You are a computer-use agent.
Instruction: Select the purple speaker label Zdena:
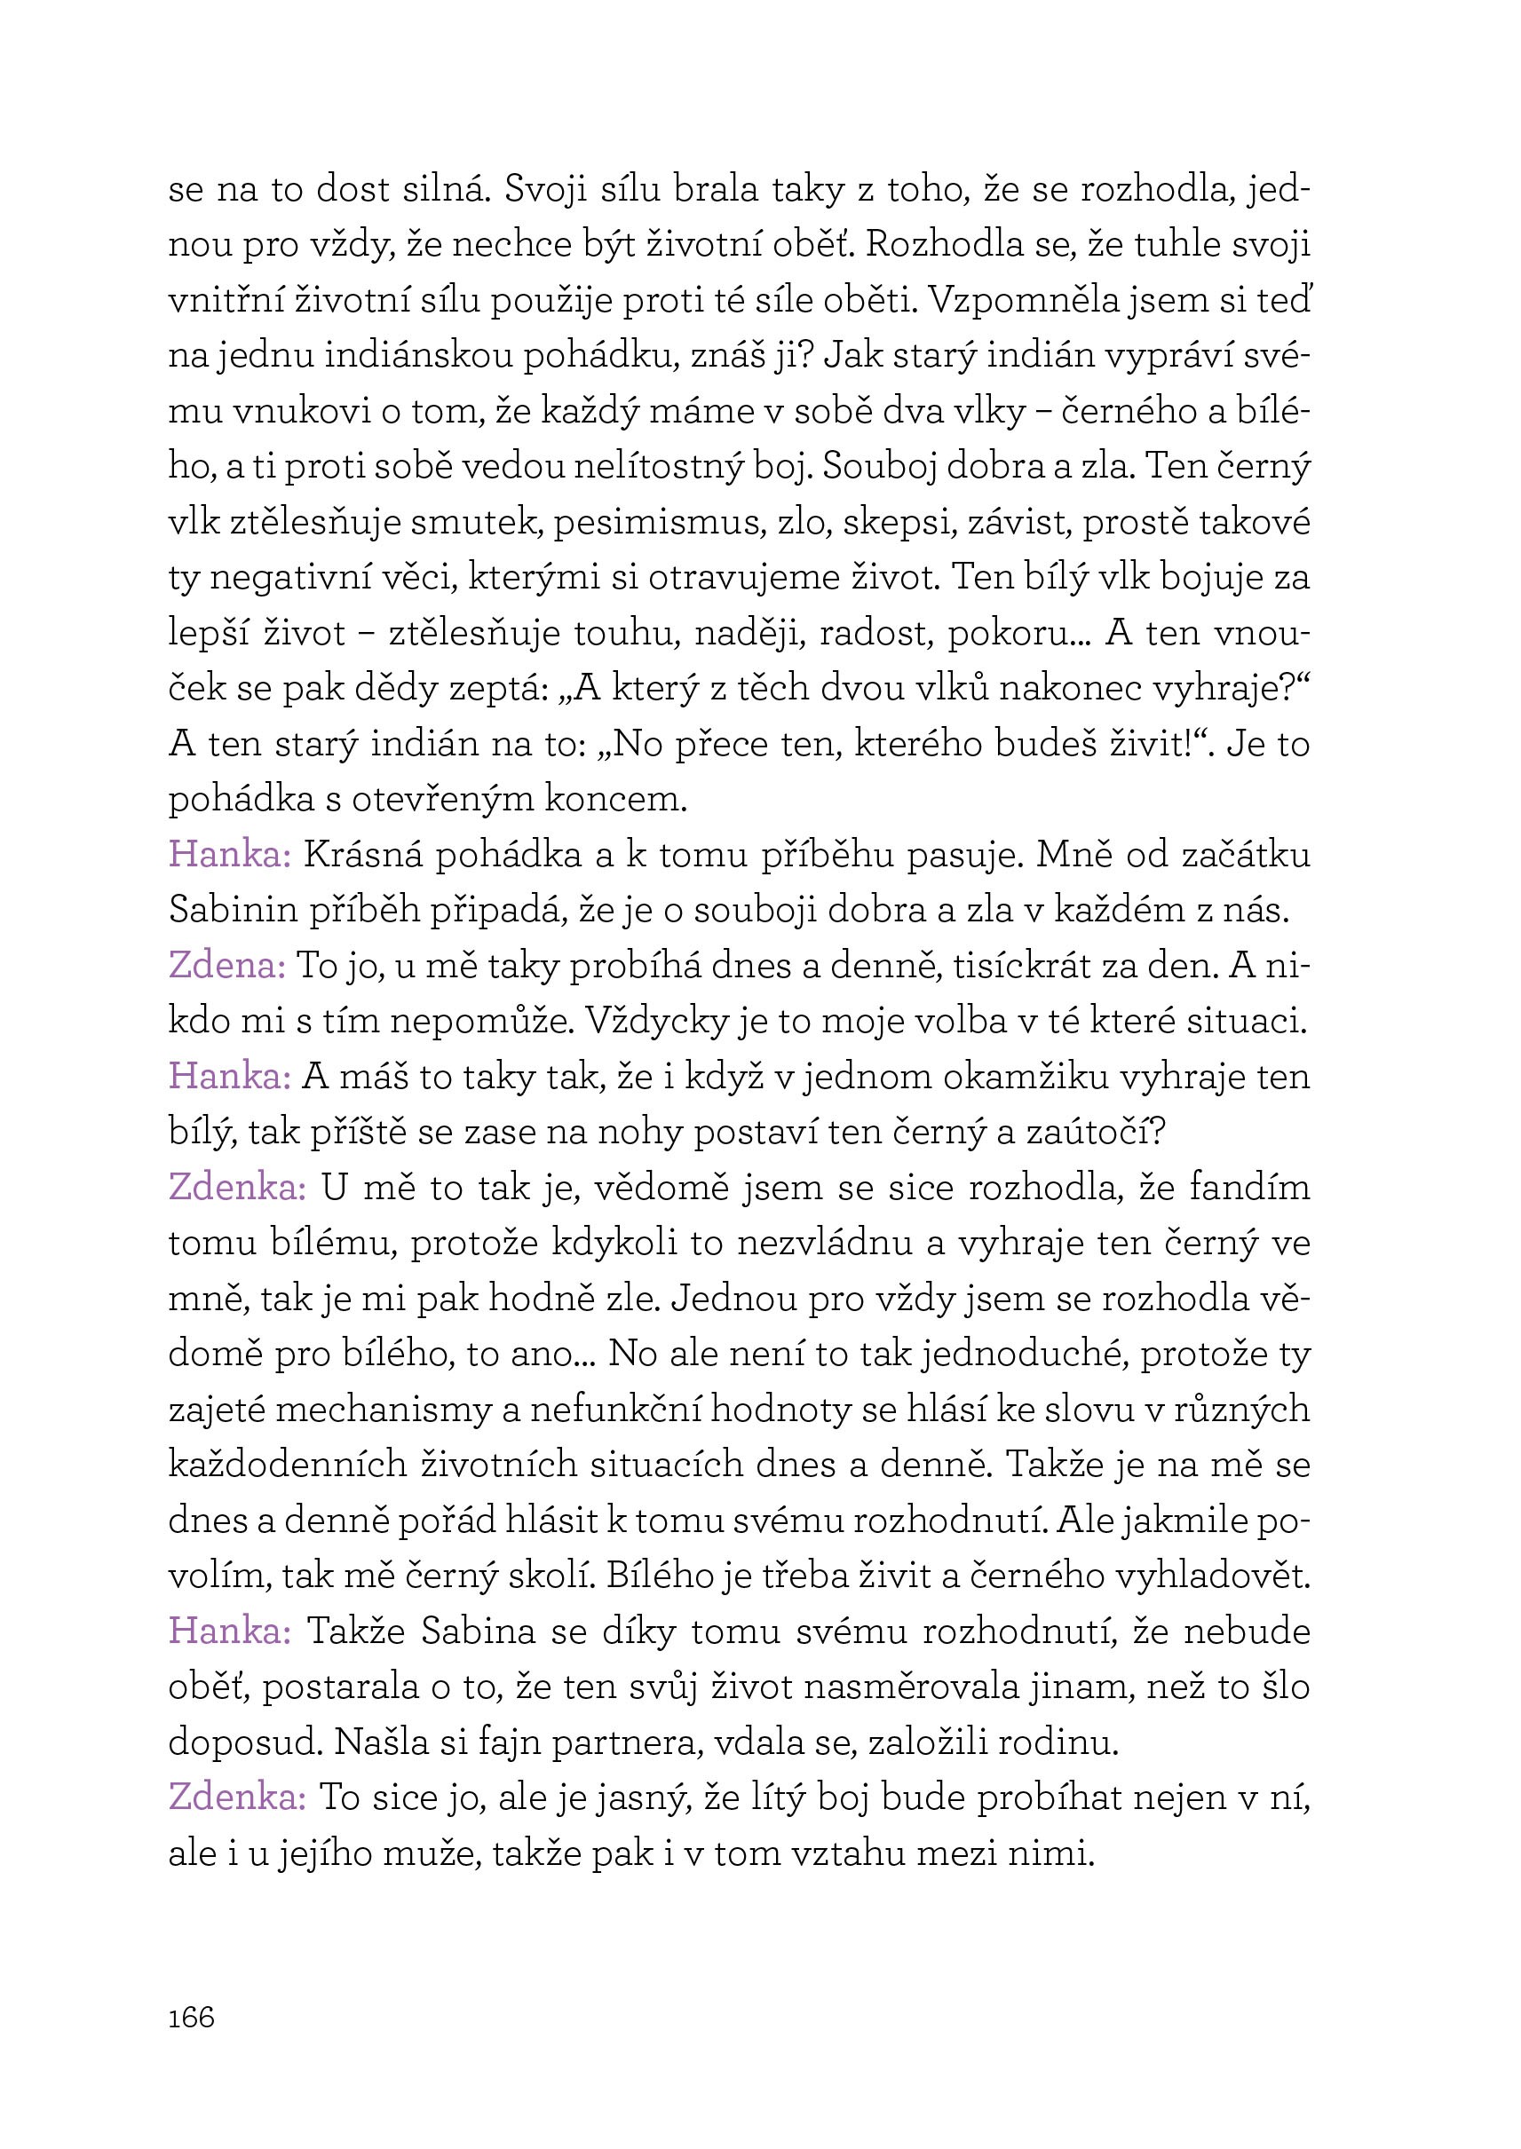point(227,966)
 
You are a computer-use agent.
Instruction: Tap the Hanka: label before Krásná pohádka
point(230,855)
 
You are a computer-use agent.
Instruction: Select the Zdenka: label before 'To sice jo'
point(238,1797)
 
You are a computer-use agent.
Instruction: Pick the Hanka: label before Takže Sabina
point(230,1632)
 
